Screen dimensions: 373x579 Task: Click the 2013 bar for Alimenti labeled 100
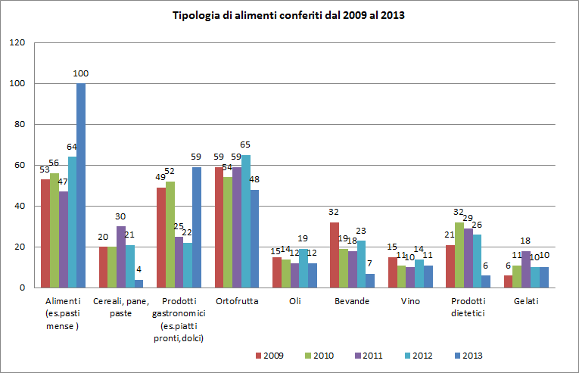(81, 185)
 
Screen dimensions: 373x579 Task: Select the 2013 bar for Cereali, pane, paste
(139, 284)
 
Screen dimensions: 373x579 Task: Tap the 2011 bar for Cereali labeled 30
(121, 257)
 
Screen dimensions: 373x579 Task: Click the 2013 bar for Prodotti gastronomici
(198, 227)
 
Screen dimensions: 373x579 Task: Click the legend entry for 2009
(266, 355)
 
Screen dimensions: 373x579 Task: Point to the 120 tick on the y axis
(17, 43)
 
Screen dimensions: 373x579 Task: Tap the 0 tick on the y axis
(23, 288)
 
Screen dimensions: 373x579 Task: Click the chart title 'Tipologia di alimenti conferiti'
(288, 14)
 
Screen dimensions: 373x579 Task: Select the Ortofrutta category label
(236, 301)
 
